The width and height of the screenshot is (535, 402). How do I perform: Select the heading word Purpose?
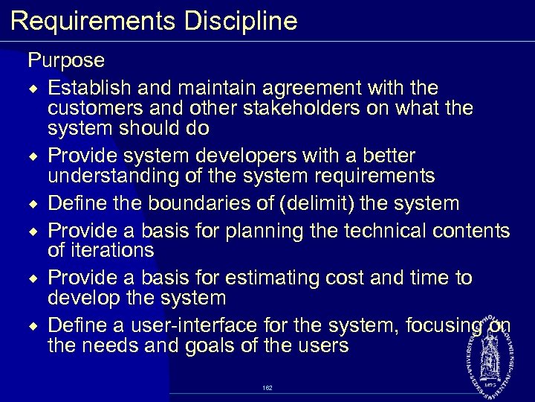[66, 59]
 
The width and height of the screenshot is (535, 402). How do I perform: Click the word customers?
[90, 108]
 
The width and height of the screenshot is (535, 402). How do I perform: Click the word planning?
[276, 231]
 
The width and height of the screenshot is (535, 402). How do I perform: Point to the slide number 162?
[267, 388]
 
